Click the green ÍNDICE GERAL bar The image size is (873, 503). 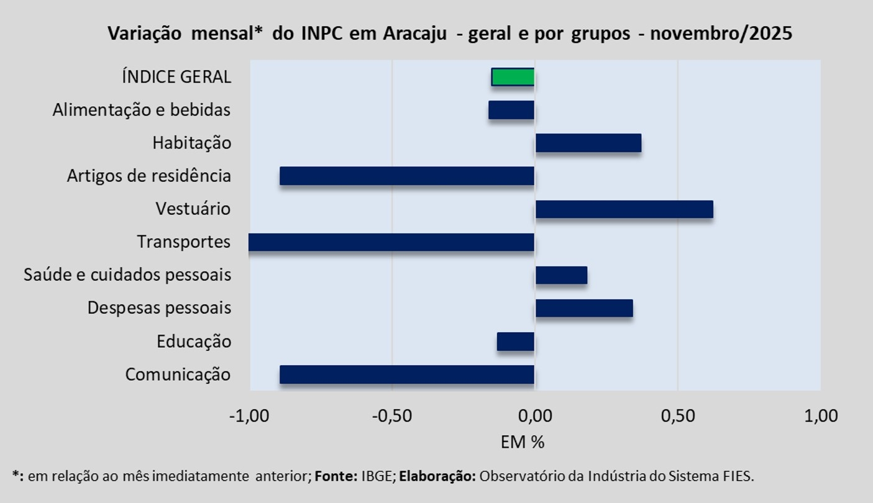[513, 76]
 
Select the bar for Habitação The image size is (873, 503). [588, 143]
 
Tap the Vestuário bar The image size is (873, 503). [624, 209]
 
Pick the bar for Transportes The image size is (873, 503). [391, 242]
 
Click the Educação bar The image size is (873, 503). [516, 342]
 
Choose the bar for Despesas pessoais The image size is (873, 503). [584, 308]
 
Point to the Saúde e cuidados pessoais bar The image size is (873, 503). [561, 275]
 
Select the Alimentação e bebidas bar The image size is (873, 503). [511, 110]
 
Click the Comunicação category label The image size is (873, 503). [178, 374]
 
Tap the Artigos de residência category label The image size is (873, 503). [149, 176]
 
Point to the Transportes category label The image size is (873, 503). [184, 242]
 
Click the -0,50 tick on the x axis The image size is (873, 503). [391, 415]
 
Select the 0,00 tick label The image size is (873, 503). [535, 415]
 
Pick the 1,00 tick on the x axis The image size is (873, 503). [821, 415]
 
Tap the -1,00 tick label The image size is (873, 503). [249, 415]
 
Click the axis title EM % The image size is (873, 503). [523, 442]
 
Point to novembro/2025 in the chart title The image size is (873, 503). [721, 33]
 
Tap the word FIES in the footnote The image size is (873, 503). [738, 476]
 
